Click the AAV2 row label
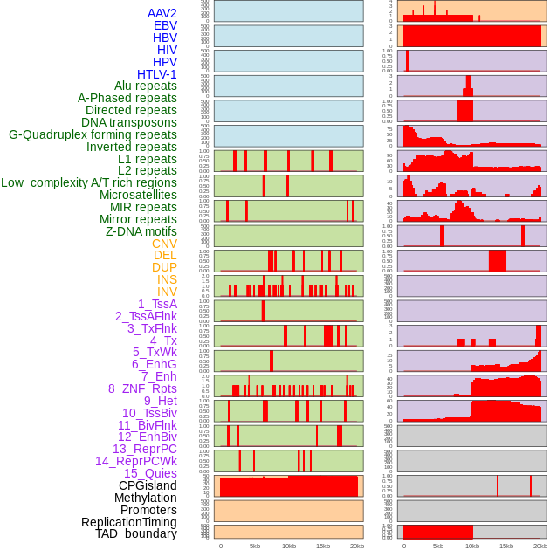point(162,14)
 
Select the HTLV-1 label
point(157,74)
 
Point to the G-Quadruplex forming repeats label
point(93,134)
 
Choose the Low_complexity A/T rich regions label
point(89,182)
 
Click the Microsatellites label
point(138,195)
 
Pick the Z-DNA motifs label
point(141,231)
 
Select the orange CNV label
point(164,244)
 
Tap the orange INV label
point(167,292)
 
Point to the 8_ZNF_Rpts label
point(142,388)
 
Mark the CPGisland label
point(148,485)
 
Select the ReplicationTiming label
point(129,522)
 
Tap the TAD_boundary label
point(136,533)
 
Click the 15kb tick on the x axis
point(323,546)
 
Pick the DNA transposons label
point(129,122)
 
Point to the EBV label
point(165,26)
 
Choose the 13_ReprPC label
point(145,449)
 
